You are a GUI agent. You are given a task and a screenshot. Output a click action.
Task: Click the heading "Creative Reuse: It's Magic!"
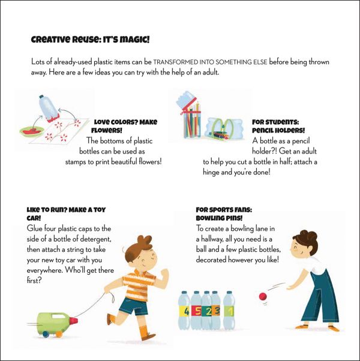tap(90, 40)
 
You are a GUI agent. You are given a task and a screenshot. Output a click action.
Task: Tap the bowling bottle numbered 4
tap(184, 310)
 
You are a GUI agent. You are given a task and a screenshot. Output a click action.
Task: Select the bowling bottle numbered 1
tap(229, 310)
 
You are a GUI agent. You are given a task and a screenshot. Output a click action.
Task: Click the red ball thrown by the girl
tap(263, 296)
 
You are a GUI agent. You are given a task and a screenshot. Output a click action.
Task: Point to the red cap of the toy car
tap(73, 321)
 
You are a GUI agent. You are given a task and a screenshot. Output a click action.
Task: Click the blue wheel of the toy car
tap(46, 334)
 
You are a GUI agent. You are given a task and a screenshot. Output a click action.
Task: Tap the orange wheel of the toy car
tap(59, 334)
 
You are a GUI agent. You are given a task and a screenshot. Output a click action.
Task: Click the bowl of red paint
tap(32, 132)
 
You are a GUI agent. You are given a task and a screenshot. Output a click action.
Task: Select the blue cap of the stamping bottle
tap(41, 97)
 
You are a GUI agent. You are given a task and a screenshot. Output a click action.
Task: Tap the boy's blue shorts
tap(134, 306)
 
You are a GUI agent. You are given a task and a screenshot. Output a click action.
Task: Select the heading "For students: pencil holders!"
tap(278, 126)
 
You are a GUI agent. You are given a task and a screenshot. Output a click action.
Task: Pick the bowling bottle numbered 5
tap(196, 310)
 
